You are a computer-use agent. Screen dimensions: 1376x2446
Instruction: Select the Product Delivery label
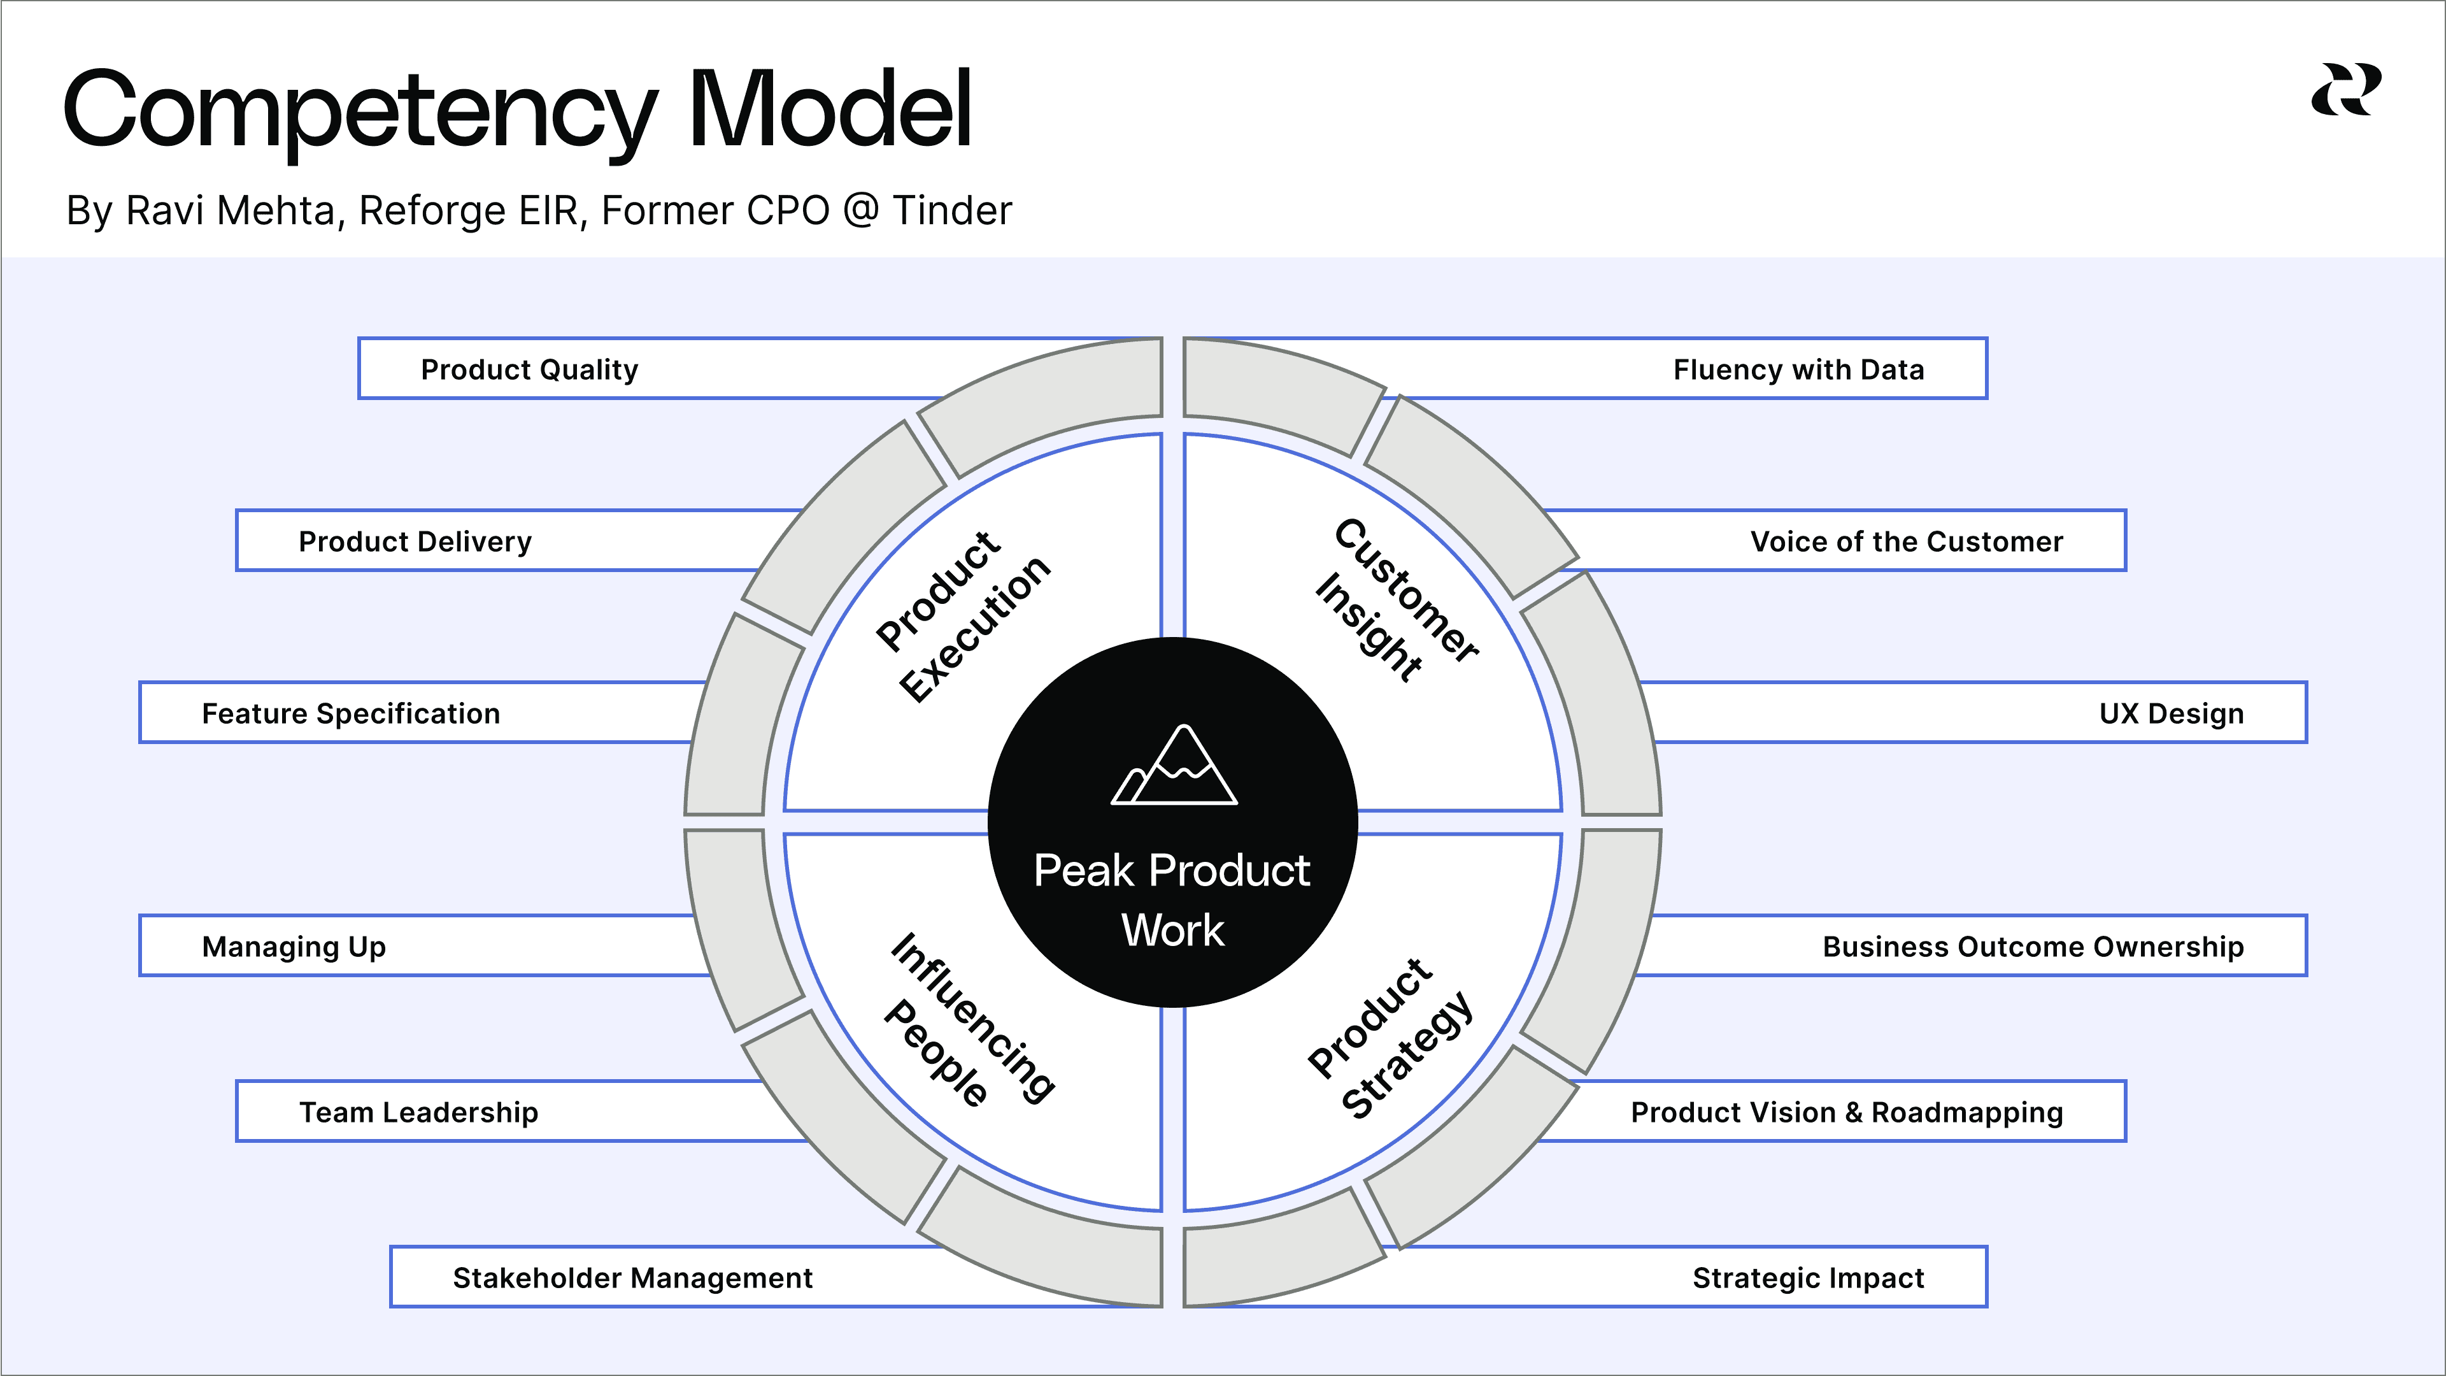(415, 541)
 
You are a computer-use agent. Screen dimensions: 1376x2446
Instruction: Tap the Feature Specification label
(350, 713)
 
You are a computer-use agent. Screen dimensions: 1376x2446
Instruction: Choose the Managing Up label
(294, 947)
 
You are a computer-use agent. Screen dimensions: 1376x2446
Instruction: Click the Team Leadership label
(419, 1112)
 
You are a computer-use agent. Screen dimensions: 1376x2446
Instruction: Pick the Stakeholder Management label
(632, 1278)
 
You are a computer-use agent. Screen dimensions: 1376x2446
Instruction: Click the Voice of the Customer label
(1906, 541)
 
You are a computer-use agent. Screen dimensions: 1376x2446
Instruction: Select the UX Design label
(2171, 713)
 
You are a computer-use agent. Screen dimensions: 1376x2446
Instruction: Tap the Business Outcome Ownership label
(2032, 947)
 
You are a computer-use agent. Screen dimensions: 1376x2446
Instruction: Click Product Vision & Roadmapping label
(1846, 1112)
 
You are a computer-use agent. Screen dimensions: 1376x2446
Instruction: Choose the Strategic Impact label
(1808, 1278)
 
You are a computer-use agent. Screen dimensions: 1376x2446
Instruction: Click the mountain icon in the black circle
(1174, 766)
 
